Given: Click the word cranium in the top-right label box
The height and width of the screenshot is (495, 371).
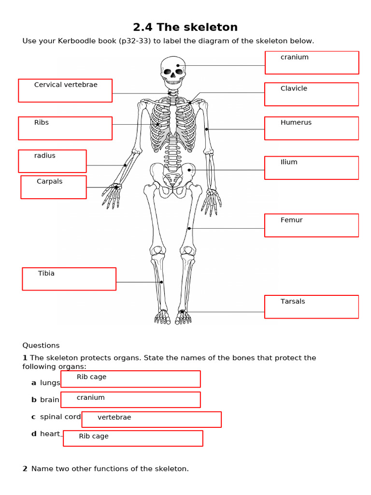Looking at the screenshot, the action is (294, 57).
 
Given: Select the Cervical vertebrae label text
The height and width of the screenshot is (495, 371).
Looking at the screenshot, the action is (66, 85).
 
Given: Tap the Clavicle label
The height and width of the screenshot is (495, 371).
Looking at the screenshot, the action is (294, 88).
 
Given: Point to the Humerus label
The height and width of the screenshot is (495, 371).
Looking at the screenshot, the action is (296, 123).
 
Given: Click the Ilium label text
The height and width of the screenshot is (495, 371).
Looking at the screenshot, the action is (289, 162).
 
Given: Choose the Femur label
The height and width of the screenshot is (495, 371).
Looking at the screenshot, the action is (291, 220).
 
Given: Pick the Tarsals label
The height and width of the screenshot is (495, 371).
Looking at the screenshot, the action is (293, 302).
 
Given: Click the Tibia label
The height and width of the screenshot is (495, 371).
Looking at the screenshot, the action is (46, 274).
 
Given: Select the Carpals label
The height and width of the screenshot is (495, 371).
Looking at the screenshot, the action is (49, 182).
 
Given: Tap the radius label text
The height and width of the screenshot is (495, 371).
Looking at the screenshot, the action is (44, 156).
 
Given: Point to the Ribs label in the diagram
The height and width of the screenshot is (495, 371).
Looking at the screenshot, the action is (42, 123).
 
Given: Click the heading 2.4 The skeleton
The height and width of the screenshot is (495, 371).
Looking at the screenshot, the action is (185, 27).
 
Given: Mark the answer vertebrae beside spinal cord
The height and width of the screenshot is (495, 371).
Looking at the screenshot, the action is (114, 417).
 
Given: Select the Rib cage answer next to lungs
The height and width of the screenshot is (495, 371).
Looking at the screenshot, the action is (91, 377).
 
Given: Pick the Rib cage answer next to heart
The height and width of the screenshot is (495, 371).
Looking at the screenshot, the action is (94, 436).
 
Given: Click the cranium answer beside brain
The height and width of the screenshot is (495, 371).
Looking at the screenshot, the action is (90, 397).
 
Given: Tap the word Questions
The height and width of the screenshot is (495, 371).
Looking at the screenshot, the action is (41, 345).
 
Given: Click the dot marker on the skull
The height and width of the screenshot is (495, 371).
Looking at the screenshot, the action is (178, 65).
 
